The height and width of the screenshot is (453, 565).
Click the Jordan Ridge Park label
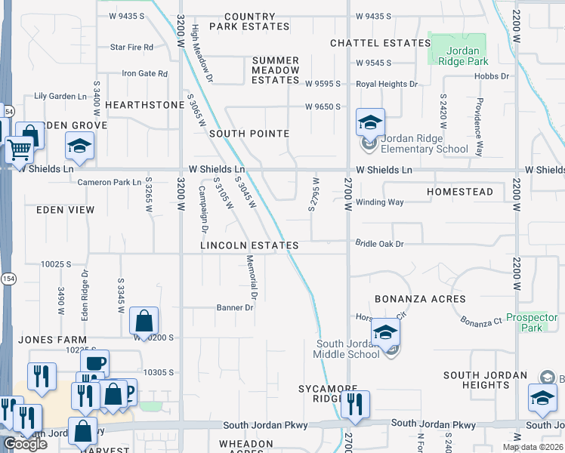click(457, 55)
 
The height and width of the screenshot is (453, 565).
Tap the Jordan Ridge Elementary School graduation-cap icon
click(370, 122)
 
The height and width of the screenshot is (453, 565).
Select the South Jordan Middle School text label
click(347, 350)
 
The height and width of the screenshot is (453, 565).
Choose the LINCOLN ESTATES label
click(249, 246)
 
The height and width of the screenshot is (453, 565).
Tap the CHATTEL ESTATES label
click(380, 43)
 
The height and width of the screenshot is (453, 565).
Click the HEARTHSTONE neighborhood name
click(144, 105)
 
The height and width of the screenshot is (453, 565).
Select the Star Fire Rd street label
click(131, 47)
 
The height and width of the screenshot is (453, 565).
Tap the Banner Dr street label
click(234, 307)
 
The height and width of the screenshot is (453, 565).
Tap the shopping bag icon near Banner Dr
click(144, 321)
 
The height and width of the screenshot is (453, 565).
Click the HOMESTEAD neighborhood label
click(459, 192)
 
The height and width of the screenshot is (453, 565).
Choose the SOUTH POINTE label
click(249, 134)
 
